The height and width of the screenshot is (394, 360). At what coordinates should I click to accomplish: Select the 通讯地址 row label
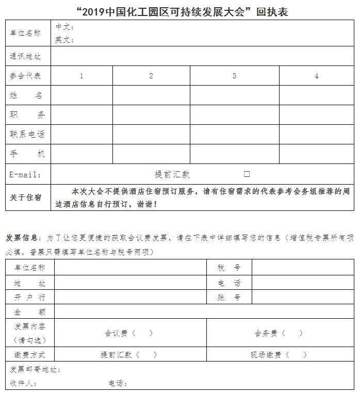click(25, 56)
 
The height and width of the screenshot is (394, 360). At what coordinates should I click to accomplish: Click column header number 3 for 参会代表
click(234, 76)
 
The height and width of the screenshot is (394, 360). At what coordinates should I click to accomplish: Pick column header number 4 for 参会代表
click(316, 76)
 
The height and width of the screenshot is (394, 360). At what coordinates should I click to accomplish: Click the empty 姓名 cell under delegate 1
click(81, 95)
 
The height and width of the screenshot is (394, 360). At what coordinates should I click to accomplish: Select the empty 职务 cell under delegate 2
click(151, 115)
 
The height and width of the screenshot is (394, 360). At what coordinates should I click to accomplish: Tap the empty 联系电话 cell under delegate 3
click(234, 134)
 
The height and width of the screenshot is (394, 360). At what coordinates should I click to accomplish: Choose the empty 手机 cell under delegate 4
click(316, 154)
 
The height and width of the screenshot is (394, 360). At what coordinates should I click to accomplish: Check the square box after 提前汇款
click(247, 174)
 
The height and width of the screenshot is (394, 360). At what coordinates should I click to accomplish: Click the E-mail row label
click(25, 174)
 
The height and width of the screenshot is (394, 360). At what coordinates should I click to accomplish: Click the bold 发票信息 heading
click(22, 238)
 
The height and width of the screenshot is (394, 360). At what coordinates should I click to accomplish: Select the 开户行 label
click(30, 298)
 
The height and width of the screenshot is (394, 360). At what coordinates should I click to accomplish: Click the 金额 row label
click(30, 312)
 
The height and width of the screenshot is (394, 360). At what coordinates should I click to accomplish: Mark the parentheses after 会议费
click(142, 333)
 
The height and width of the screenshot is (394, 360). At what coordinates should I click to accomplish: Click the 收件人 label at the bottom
click(23, 383)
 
